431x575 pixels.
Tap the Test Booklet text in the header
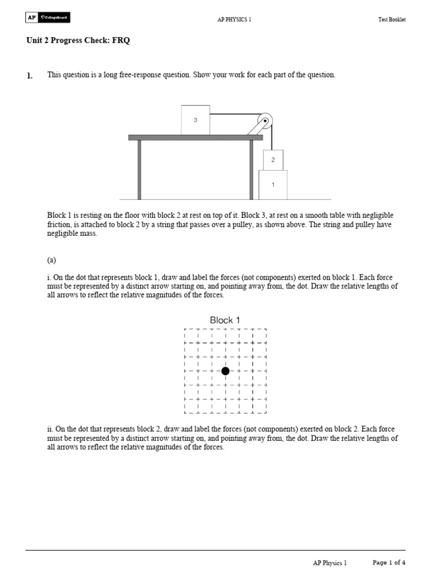392,20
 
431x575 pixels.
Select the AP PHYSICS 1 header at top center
235,20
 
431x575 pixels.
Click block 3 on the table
195,120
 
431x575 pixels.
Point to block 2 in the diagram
273,160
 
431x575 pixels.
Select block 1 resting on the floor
273,185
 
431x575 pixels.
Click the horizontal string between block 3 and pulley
233,114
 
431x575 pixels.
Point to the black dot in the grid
225,371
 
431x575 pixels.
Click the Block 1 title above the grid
225,320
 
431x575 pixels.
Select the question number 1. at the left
30,75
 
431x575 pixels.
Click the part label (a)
52,261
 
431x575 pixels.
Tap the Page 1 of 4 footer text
389,563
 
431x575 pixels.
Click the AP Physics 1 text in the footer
330,563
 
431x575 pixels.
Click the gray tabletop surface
195,138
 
